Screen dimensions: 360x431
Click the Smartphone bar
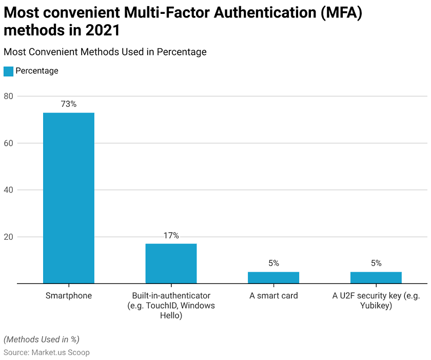(68, 198)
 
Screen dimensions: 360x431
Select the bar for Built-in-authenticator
(171, 263)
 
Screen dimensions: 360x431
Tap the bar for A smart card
(273, 277)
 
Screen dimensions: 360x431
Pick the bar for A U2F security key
(376, 277)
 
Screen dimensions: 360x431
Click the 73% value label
(68, 104)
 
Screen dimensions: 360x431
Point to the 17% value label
(171, 236)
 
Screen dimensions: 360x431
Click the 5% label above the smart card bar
(273, 263)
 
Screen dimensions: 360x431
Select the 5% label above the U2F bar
(376, 263)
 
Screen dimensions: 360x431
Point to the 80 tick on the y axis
(9, 96)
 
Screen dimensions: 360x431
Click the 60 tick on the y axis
(9, 143)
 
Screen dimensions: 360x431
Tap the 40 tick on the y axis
(9, 190)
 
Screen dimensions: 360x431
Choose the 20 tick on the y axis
(9, 237)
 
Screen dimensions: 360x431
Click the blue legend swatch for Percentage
(8, 71)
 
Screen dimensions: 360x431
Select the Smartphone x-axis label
(68, 296)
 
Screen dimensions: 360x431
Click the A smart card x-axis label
(273, 296)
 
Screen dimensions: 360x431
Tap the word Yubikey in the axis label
(376, 306)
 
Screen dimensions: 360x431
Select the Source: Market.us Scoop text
(47, 352)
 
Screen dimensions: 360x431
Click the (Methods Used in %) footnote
(42, 339)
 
